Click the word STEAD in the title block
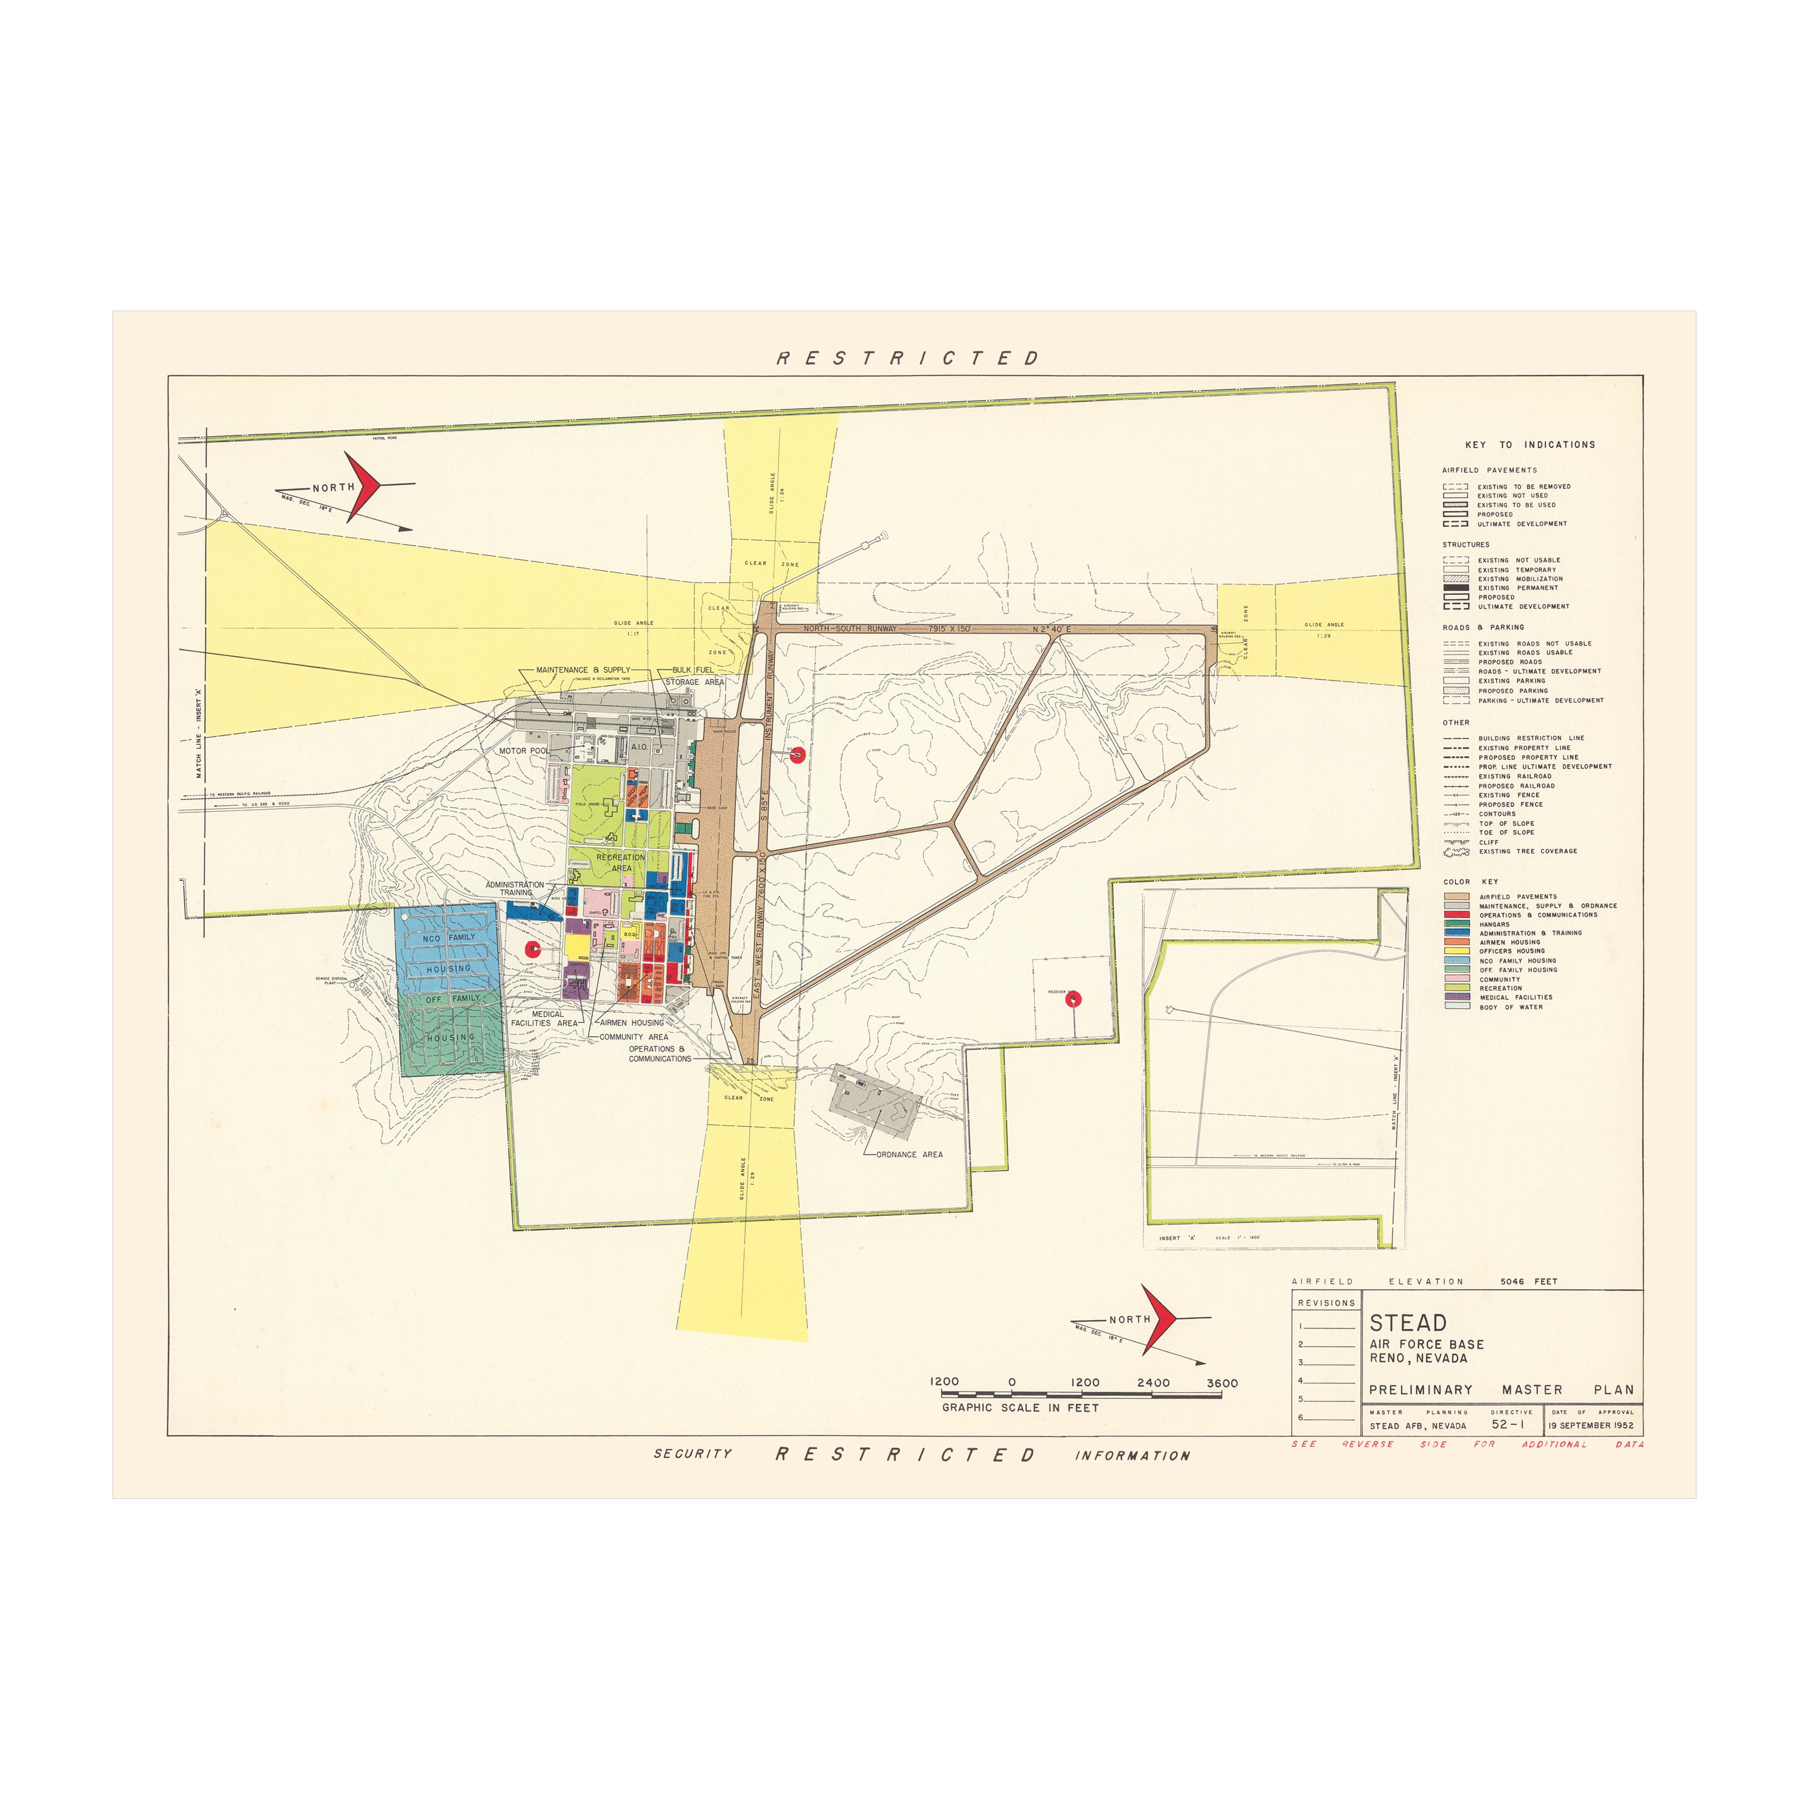tap(1407, 1323)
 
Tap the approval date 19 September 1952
tap(1591, 1425)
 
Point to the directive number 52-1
tap(1507, 1424)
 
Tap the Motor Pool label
tap(523, 751)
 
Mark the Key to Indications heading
tap(1530, 445)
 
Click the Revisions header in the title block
tap(1326, 1302)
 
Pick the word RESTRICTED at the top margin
tap(907, 359)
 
